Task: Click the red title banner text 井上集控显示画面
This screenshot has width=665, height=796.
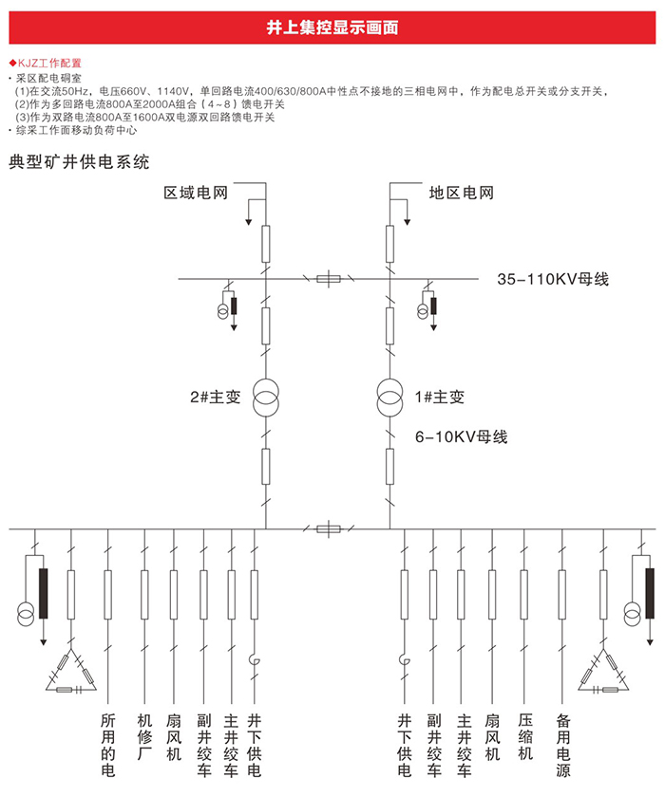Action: (332, 28)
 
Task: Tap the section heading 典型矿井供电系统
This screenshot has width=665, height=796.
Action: (79, 162)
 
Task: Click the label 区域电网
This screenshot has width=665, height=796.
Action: (196, 193)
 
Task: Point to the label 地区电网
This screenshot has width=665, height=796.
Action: (462, 193)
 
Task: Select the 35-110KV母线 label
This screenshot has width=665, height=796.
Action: (553, 279)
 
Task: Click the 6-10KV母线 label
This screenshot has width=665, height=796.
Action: (462, 436)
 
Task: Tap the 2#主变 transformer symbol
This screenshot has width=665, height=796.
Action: (266, 398)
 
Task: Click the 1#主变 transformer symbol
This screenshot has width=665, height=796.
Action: (389, 398)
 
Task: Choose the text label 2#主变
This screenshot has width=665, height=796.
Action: (215, 397)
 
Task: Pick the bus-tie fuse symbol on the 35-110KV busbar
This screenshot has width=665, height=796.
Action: (329, 279)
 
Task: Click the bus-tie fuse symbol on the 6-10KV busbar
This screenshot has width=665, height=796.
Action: (329, 529)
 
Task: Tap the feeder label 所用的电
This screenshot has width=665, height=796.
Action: (107, 745)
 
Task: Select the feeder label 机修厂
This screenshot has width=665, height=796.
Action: (144, 737)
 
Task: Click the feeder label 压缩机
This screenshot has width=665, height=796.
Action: (525, 737)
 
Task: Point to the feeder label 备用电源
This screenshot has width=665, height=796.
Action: (562, 745)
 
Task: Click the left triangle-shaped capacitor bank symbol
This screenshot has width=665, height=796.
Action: (71, 670)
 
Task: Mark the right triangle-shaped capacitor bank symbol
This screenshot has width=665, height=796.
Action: (603, 670)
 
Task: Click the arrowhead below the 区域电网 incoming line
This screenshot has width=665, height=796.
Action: (249, 221)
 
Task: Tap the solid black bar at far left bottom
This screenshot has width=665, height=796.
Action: (43, 594)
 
